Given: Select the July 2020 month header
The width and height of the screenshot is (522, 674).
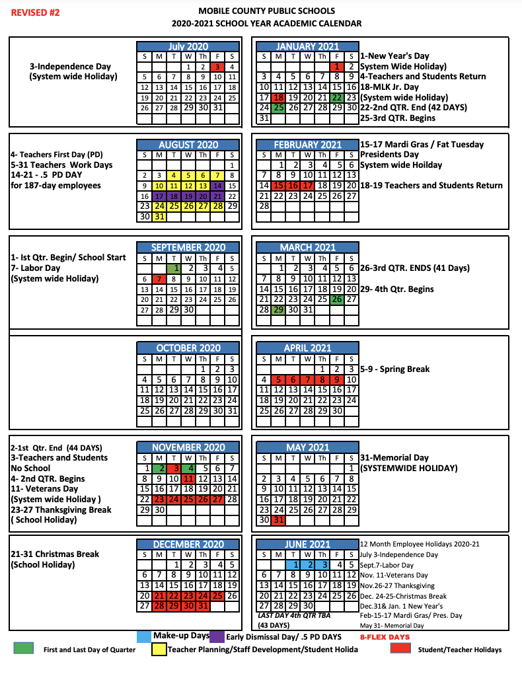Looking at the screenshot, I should click(x=188, y=46).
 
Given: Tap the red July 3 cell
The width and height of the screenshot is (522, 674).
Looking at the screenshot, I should click(x=217, y=67).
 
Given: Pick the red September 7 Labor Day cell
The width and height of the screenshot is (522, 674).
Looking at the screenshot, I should click(x=159, y=279).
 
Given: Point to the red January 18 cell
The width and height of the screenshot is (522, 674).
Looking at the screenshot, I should click(x=278, y=97).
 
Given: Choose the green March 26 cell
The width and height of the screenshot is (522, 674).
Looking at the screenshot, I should click(x=337, y=299).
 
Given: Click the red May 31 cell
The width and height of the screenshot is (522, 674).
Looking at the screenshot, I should click(x=278, y=520).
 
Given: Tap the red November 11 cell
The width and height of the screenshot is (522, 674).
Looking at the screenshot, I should click(x=188, y=478).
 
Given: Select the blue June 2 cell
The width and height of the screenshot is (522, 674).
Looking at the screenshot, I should click(x=307, y=565).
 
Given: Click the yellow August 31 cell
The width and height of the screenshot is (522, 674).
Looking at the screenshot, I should click(x=159, y=217).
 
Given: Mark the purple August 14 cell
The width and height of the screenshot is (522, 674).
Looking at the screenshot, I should click(x=218, y=186).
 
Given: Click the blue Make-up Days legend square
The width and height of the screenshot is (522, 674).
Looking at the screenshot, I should click(x=143, y=636).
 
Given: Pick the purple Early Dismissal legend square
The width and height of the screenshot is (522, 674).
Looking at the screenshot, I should click(x=217, y=636).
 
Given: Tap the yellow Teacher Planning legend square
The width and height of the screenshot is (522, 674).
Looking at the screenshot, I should click(x=159, y=650).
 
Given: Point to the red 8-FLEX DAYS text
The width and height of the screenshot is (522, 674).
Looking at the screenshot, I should click(x=385, y=637).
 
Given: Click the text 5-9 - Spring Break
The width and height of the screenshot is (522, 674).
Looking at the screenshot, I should click(x=394, y=369).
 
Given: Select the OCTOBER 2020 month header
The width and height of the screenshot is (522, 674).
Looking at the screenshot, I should click(x=188, y=348).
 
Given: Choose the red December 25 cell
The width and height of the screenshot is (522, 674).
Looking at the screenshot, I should click(x=218, y=595).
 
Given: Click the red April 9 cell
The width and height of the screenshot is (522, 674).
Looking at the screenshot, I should click(x=337, y=380).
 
